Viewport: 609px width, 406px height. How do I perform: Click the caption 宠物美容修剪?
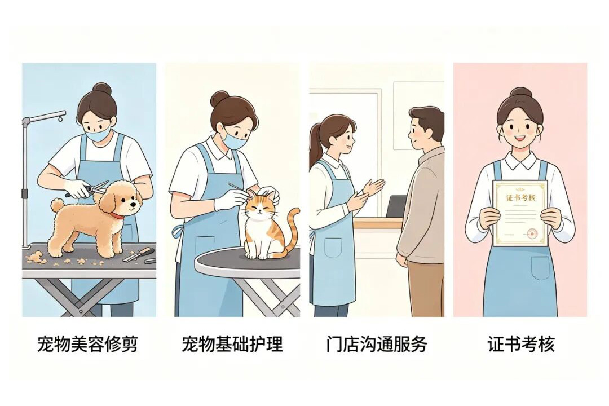coord(87,344)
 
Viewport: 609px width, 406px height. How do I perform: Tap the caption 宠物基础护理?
coord(232,344)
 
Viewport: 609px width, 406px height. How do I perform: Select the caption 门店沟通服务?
coord(377,344)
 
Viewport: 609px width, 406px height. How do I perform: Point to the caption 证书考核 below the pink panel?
coord(521,344)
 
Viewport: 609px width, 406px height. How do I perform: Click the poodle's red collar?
coord(117,215)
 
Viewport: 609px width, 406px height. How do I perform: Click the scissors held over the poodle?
coord(87,188)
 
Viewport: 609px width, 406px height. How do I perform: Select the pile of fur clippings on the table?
coord(37,256)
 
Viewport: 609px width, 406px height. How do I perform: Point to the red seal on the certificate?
coord(531,233)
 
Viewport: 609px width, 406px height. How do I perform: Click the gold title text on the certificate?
coord(520,197)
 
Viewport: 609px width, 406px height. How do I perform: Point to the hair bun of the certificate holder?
coord(520,92)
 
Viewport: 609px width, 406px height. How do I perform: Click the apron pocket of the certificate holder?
coord(541,268)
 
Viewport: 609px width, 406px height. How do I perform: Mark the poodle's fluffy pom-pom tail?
coord(58,205)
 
